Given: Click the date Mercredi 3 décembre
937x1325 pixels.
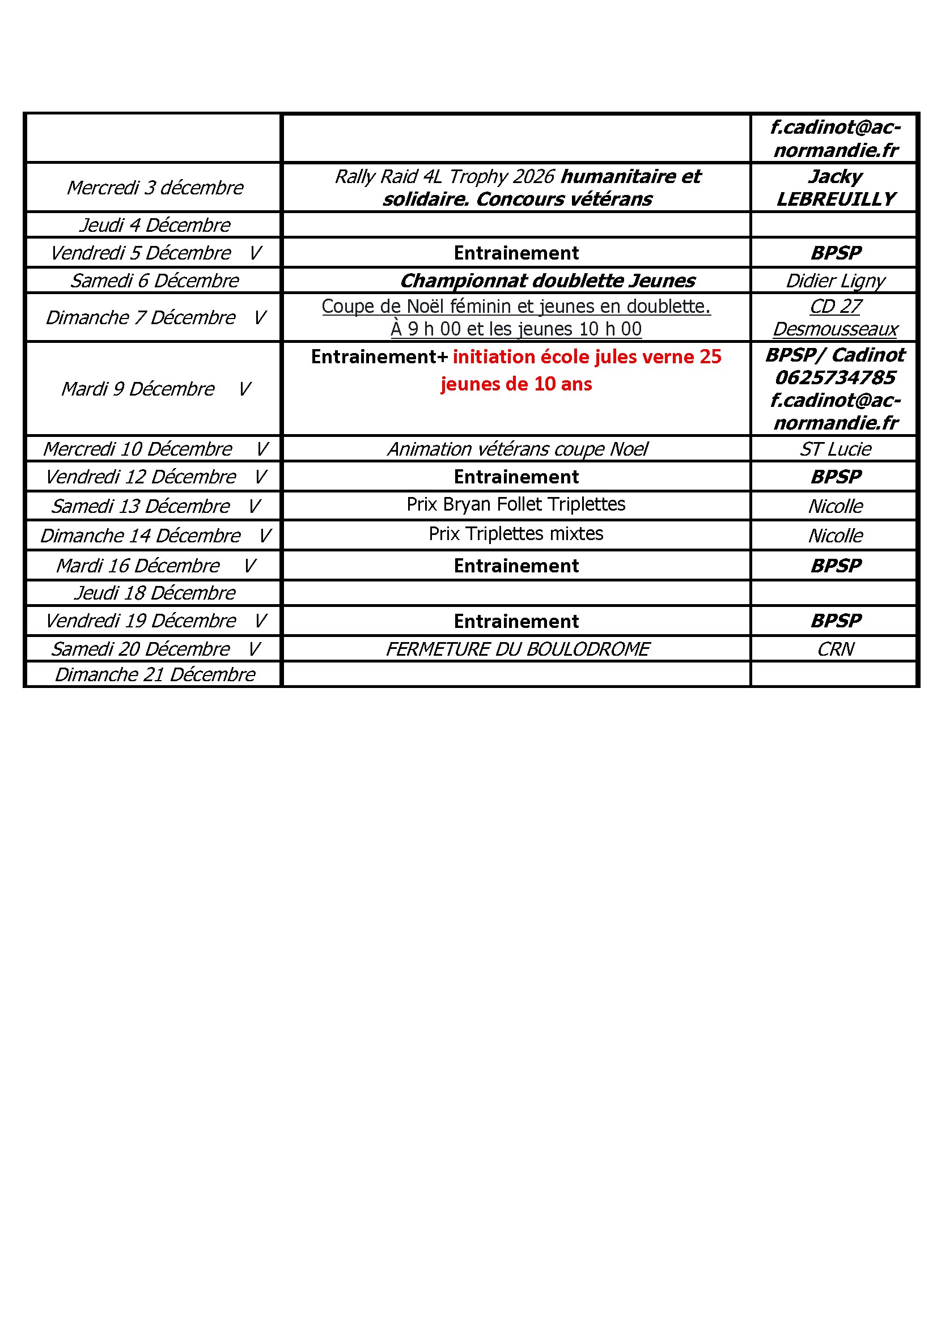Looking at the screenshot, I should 155,188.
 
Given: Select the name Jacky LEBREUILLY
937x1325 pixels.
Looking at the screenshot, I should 835,188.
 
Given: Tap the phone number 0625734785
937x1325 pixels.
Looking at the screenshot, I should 835,377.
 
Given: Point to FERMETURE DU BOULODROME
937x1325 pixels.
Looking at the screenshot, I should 518,649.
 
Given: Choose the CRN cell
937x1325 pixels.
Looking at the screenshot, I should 835,649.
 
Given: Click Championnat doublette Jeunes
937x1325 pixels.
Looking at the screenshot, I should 548,281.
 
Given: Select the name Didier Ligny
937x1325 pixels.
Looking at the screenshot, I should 835,281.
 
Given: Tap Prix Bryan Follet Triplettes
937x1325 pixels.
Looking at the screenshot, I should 516,504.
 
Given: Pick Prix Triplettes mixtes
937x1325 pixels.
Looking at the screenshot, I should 516,534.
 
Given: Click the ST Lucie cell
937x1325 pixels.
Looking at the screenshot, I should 835,449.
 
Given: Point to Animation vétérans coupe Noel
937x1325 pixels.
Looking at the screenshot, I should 518,449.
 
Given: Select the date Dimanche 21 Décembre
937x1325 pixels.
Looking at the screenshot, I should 155,674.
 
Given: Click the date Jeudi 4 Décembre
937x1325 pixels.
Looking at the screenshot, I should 155,225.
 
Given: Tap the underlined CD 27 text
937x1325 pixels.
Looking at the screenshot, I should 835,307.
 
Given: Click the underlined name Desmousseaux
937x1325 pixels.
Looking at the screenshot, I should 835,329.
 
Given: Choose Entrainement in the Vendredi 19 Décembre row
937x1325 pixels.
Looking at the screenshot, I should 516,621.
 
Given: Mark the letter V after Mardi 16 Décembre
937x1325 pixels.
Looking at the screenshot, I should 249,566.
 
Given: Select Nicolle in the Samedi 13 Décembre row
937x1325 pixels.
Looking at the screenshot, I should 835,506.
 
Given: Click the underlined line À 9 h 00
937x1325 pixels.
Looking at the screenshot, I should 516,329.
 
